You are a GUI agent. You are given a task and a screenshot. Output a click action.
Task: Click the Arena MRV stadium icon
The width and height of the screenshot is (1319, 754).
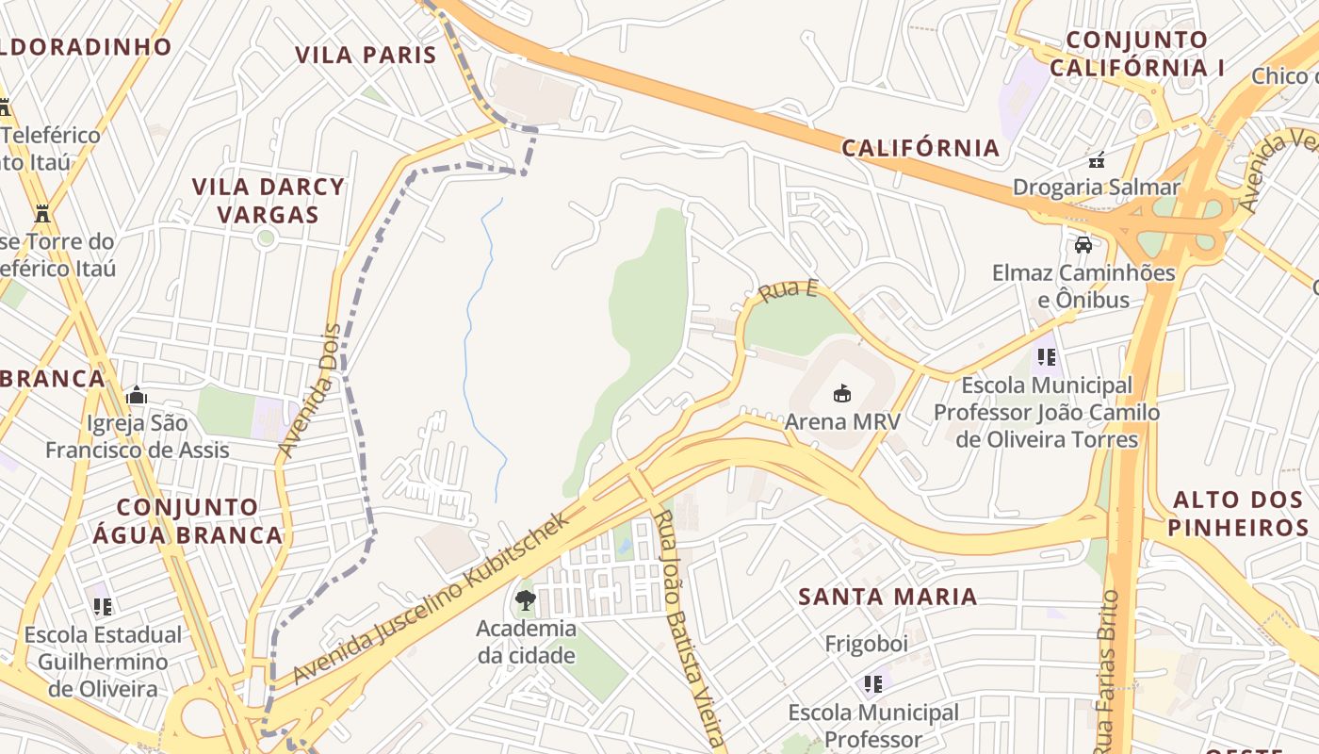(842, 393)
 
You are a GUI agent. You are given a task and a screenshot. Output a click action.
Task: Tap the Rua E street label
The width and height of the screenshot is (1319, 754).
(787, 290)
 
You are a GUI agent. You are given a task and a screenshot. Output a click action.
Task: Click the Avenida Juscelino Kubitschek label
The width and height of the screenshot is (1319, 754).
(432, 598)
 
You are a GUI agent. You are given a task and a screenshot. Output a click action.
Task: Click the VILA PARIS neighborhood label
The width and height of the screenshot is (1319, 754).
(366, 55)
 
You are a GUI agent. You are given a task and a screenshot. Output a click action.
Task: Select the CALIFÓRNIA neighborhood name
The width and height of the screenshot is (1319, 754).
(920, 148)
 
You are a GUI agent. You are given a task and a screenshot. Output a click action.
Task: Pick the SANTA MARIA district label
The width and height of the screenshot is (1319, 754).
(887, 597)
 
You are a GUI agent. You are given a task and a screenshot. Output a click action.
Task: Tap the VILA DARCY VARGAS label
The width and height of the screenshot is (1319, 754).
(269, 201)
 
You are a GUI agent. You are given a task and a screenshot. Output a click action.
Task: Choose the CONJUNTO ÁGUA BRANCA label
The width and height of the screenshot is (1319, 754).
(187, 521)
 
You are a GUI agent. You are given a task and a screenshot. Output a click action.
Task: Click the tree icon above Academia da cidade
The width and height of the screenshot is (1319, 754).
(526, 599)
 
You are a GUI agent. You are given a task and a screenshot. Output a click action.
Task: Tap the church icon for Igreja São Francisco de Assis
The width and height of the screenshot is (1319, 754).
(137, 395)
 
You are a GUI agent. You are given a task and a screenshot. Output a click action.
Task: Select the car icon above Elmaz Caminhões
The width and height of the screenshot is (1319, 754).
(1083, 245)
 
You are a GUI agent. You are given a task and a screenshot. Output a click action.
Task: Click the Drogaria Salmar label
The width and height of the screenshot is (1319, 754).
(1096, 187)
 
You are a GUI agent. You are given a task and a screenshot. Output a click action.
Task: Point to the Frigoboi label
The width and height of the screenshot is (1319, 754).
(866, 644)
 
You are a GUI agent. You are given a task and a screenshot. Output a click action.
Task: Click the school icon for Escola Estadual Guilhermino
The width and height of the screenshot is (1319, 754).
(103, 606)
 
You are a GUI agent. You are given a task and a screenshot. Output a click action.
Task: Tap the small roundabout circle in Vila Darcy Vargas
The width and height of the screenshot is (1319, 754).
(266, 238)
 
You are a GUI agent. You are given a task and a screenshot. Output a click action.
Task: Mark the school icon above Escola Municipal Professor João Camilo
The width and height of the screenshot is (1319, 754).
(1046, 357)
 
